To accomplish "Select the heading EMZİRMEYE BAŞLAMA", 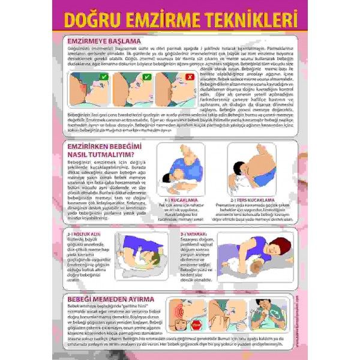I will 101,42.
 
